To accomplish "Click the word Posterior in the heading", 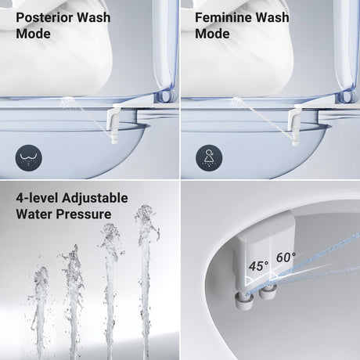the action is point(45,18).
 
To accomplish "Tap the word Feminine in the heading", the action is point(223,18).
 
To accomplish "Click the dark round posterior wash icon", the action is point(28,158).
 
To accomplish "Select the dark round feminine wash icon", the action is point(209,158).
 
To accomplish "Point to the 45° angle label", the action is point(258,266).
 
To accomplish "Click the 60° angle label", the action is point(286,257).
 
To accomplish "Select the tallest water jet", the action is point(146,282).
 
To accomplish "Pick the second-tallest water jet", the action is point(111,291).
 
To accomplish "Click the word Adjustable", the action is point(95,198).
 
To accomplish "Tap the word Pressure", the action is point(84,214).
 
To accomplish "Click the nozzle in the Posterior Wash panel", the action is point(113,123).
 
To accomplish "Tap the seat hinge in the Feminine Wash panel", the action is point(346,96).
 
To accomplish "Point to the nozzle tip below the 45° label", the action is point(244,300).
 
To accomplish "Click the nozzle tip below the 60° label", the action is point(268,292).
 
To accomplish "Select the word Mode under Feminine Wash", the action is point(212,34).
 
